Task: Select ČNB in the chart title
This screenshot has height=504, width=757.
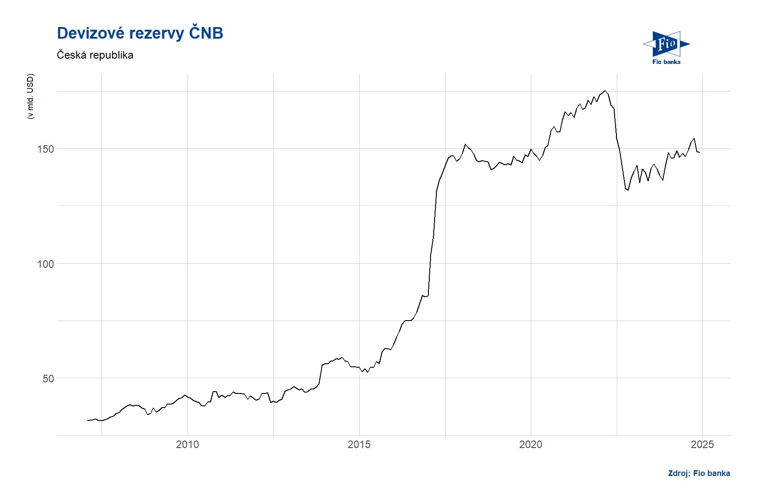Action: tap(206, 34)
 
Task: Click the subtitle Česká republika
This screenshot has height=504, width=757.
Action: tap(95, 55)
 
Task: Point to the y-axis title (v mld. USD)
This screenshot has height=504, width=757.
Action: tap(30, 96)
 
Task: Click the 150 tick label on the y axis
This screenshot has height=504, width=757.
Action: tap(45, 149)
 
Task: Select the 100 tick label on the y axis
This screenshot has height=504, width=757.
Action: tap(45, 264)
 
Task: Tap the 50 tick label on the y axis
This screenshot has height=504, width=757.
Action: tap(48, 379)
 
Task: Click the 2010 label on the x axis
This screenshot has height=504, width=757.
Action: tap(187, 444)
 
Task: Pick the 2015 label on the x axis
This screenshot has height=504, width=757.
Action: tap(359, 444)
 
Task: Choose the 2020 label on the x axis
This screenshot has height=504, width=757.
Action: tap(530, 444)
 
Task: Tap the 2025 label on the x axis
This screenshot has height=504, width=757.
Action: tap(702, 444)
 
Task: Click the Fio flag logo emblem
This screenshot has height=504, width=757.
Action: tap(666, 44)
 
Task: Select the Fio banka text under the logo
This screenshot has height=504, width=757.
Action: tap(666, 62)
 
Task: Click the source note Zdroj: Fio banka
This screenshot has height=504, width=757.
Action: tap(699, 473)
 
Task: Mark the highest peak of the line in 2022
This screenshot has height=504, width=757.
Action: tap(605, 91)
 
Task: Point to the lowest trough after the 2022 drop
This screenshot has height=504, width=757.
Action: tap(628, 190)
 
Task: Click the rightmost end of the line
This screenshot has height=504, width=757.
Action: tap(699, 152)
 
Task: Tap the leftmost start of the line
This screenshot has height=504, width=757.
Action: tap(88, 420)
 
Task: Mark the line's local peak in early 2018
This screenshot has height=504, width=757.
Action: tap(465, 144)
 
